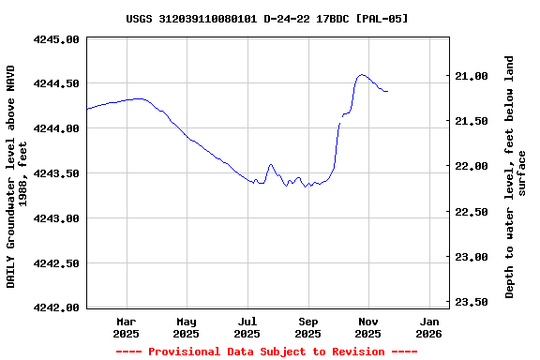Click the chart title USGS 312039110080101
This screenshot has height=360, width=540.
267,19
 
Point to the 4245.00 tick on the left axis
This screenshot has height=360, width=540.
57,39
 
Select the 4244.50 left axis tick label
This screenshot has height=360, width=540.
57,83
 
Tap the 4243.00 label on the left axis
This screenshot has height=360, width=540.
57,218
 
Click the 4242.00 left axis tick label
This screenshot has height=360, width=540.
57,307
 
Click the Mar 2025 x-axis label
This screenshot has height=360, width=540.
126,327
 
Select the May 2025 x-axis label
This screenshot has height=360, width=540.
187,327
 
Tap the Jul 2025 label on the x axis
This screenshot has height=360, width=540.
247,327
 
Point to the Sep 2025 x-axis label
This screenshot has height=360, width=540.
308,327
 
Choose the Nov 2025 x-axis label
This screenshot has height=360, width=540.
368,327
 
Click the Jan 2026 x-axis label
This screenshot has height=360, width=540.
428,327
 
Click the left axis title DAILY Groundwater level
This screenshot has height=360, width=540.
17,176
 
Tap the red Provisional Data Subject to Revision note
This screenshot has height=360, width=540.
266,352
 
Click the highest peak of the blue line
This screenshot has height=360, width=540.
362,75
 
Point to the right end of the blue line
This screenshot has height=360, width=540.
387,91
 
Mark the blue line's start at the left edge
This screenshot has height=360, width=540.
87,109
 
